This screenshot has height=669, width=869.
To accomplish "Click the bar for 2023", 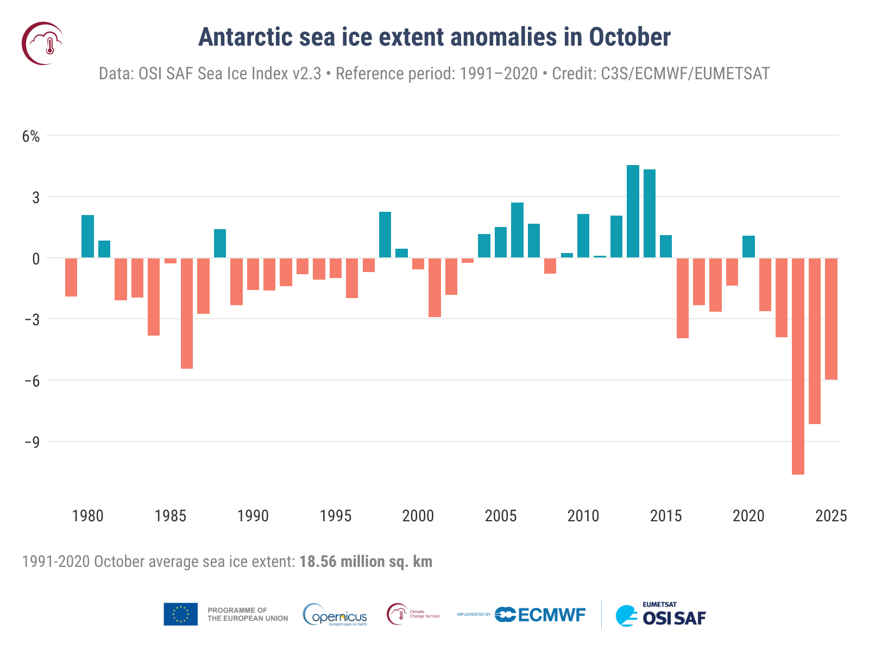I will coord(798,366).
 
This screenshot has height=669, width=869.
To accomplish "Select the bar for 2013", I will coord(633,211).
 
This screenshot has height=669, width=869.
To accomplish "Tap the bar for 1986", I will coord(187,313).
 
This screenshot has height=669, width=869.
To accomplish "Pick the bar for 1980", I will coord(87,236).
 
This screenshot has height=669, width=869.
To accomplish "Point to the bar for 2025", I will coord(831,319).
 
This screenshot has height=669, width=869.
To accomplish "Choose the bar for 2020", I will coord(748,247).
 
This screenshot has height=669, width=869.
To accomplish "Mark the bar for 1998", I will coord(385,235).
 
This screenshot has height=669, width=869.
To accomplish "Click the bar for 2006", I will coord(517,230).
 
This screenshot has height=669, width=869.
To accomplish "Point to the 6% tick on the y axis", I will coord(31,136).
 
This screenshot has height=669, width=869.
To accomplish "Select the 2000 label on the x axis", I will coord(418,515).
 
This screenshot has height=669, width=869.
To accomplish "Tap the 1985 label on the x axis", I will coord(170,515).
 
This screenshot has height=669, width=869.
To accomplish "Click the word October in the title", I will coord(629,37).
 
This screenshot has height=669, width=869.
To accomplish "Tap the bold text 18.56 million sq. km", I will coord(366,561).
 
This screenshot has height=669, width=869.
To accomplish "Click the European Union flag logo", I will coord(180,614).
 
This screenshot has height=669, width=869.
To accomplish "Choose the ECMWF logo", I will coord(540,615).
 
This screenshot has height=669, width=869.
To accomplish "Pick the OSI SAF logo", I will coord(660,616).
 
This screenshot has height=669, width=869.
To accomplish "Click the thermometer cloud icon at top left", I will coord(42,43).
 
